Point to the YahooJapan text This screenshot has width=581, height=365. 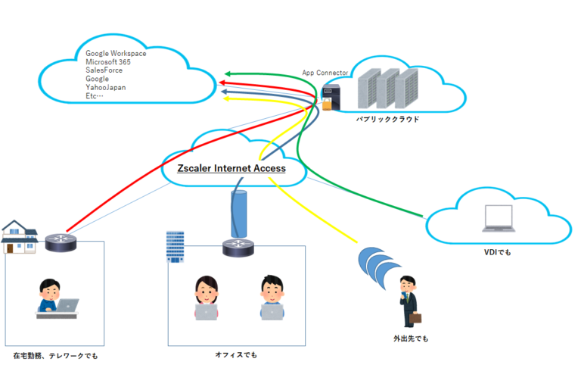(106, 87)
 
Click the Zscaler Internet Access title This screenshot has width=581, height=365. (231, 168)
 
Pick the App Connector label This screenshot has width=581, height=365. (325, 73)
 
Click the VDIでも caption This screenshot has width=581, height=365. (497, 251)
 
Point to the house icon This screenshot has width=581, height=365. (19, 236)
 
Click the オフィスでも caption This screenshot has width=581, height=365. (236, 354)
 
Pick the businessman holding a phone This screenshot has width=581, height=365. (409, 301)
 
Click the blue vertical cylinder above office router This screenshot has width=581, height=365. (238, 214)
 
